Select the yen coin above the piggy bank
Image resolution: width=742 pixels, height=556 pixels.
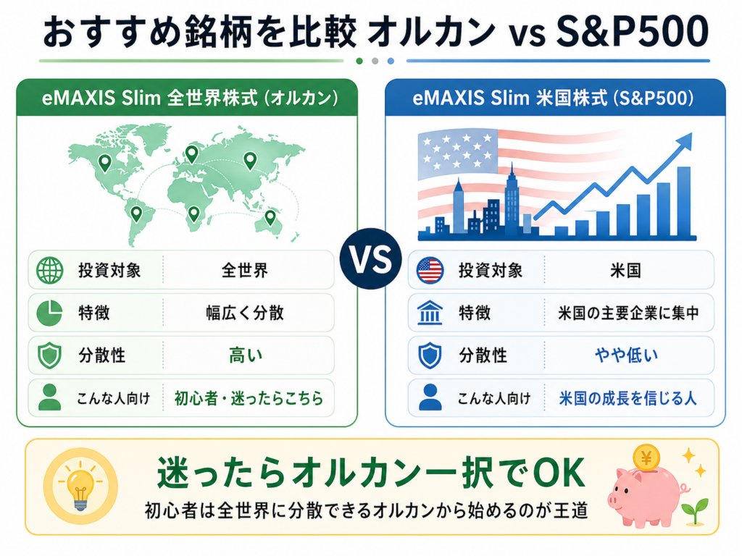coord(646,458)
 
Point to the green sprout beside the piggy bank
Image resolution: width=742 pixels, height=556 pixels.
coord(695,511)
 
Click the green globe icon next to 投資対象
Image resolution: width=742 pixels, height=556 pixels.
coord(50,271)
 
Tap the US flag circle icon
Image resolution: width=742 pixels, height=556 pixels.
coord(430,271)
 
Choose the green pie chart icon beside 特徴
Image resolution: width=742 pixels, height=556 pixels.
coord(49,313)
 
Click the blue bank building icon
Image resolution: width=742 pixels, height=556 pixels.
coord(430,313)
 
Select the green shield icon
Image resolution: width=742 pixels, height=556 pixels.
coord(50,355)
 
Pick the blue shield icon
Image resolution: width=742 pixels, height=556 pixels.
coord(430,355)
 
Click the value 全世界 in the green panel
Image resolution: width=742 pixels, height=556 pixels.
coord(245,271)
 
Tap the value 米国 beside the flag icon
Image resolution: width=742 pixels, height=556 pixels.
coord(625,271)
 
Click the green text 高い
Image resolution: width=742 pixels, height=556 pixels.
coord(246,355)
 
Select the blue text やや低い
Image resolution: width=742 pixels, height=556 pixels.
coord(626,355)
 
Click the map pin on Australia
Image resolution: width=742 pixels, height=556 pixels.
coord(270,217)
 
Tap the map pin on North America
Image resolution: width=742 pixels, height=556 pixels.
coord(104,163)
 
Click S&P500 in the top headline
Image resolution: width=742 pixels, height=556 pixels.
coord(632,32)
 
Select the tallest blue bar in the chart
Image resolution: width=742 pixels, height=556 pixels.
coord(684,201)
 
